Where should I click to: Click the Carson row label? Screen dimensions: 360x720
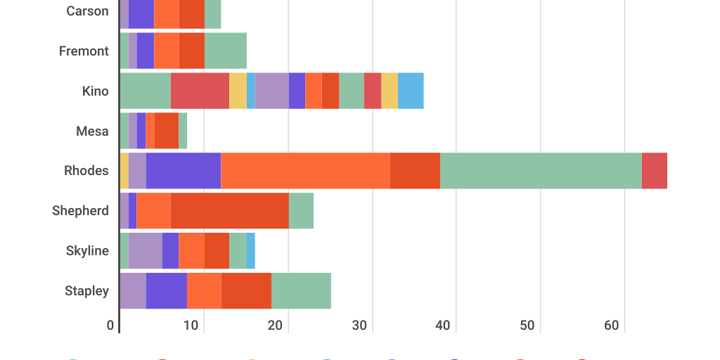[87, 11]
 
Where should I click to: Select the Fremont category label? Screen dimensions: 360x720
[84, 51]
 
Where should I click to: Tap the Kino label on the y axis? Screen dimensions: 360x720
[95, 91]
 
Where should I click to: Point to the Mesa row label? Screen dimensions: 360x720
[92, 131]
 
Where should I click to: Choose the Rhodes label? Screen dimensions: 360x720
[86, 171]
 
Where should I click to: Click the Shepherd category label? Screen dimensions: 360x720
[80, 211]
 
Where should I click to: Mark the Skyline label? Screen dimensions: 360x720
[87, 251]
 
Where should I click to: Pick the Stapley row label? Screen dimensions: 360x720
[86, 291]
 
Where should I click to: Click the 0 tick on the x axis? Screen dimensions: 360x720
[110, 326]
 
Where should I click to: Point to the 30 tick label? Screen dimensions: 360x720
[360, 326]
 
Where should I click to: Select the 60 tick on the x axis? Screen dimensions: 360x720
[612, 326]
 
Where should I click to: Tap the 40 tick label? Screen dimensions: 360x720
[444, 326]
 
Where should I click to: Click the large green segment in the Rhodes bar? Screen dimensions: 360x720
[541, 171]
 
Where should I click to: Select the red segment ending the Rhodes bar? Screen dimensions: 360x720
[654, 171]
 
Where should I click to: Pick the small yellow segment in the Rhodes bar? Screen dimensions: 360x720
[124, 171]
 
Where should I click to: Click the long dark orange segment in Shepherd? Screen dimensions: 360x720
[229, 211]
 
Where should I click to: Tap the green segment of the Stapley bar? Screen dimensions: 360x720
[301, 291]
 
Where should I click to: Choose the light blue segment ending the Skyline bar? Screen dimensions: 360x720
[251, 251]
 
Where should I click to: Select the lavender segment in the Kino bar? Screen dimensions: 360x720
[271, 91]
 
